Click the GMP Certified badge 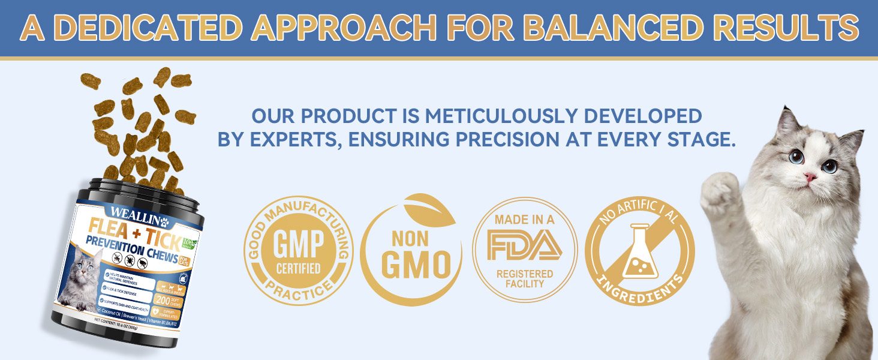tap(297, 251)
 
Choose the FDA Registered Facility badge tap(524, 250)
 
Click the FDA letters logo tap(524, 247)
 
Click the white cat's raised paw tap(723, 192)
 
